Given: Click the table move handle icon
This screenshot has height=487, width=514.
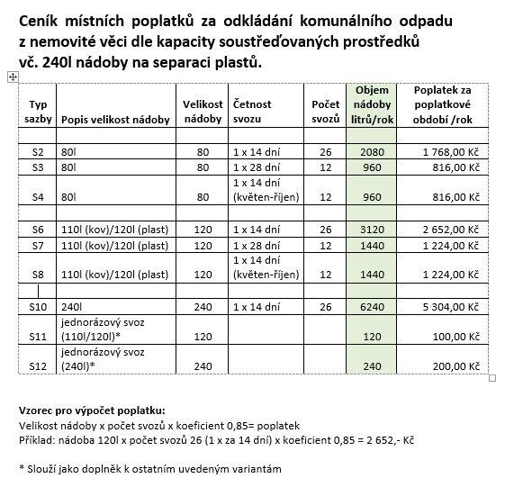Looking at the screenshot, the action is coord(12,78).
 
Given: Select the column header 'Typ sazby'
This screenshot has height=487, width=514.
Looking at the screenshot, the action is coord(38,112).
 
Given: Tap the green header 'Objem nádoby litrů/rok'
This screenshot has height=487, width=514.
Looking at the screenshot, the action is coord(372,105).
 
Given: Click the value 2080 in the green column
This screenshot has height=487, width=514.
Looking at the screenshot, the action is coord(372,153).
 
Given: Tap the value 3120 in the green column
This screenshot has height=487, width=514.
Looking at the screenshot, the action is coord(372,230).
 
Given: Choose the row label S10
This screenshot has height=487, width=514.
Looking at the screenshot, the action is coord(38,306).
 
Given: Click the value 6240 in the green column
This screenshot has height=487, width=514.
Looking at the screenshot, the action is coord(372,306).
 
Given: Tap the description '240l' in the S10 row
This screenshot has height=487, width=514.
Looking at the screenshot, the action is coord(71,306).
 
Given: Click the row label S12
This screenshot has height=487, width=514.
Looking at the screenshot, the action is coord(38,366).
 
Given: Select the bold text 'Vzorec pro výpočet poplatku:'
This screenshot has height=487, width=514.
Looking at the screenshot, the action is coord(91,410).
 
